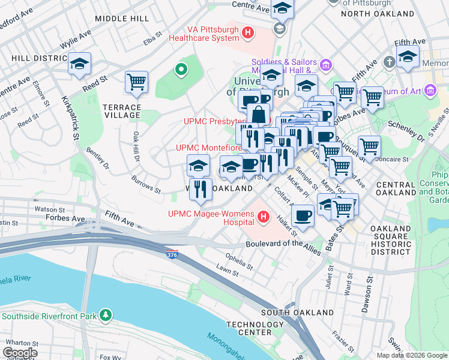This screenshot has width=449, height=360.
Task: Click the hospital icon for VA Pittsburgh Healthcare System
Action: click(x=247, y=31)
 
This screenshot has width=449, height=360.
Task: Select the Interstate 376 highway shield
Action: click(x=172, y=254)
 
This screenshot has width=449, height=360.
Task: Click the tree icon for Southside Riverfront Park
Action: click(x=106, y=314)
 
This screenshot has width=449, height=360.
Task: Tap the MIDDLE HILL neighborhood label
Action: click(x=121, y=19)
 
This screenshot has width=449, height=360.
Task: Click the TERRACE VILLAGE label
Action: click(x=122, y=112)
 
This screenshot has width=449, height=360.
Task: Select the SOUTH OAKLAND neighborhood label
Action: click(x=297, y=313)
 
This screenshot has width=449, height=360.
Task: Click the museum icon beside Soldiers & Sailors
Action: click(x=326, y=64)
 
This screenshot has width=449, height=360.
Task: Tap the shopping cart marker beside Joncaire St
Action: click(x=369, y=146)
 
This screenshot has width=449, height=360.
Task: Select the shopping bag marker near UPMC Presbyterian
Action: click(x=258, y=114)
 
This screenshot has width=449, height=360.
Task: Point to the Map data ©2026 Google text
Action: click(x=411, y=355)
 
